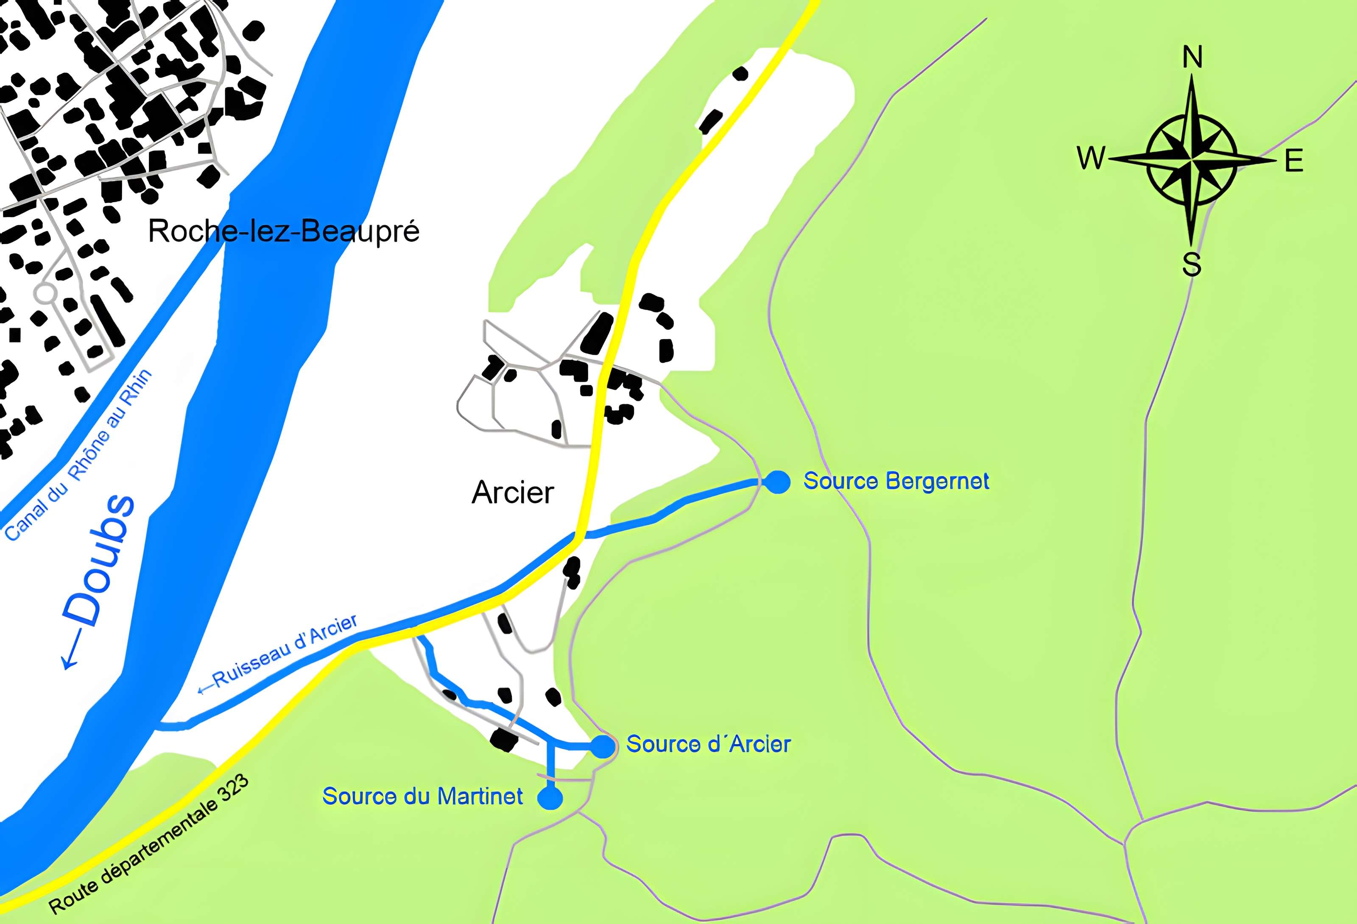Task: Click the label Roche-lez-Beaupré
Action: [283, 231]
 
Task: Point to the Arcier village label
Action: [512, 493]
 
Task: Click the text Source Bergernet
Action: [896, 481]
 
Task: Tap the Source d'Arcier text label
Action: [708, 744]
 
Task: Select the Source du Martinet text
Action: [423, 796]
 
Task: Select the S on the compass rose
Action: [1192, 264]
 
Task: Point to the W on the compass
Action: [1091, 158]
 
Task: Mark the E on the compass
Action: [1294, 161]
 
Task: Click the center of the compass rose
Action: [1192, 159]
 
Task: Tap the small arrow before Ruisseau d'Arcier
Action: [204, 689]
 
